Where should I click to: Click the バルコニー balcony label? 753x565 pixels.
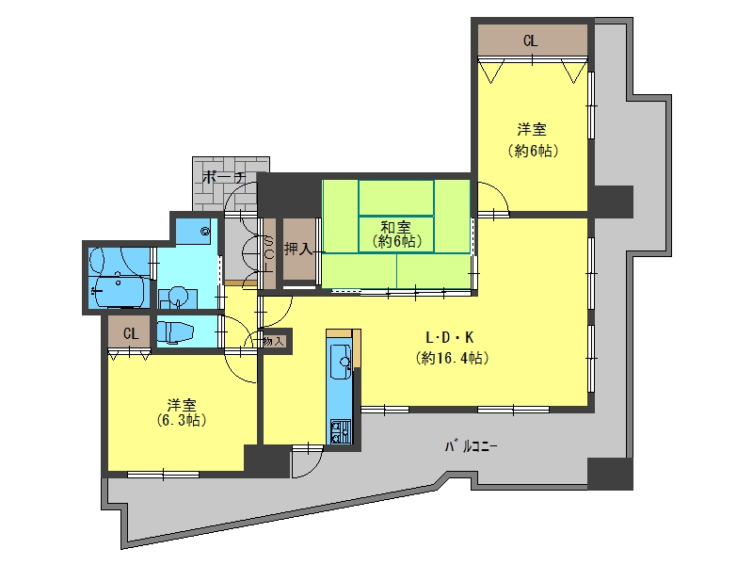(x=471, y=446)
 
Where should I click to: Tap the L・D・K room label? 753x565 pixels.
(x=450, y=338)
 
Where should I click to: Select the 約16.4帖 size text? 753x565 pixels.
(x=452, y=358)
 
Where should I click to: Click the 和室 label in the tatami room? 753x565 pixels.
(x=395, y=227)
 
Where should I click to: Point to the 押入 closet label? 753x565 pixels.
(x=298, y=249)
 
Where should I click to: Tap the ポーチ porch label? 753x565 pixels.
(x=224, y=177)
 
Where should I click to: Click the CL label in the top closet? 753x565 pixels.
(x=530, y=40)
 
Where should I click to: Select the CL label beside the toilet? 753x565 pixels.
(x=131, y=333)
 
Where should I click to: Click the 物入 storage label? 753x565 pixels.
(x=274, y=342)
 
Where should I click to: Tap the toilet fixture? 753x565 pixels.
(x=175, y=332)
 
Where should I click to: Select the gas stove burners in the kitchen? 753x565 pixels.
(x=340, y=431)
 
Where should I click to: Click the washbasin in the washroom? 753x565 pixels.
(x=178, y=298)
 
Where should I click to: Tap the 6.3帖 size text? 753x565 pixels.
(x=182, y=421)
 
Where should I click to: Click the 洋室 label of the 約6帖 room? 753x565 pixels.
(x=532, y=130)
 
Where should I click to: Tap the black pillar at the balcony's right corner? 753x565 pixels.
(x=610, y=474)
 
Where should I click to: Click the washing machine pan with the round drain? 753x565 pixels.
(x=197, y=231)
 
